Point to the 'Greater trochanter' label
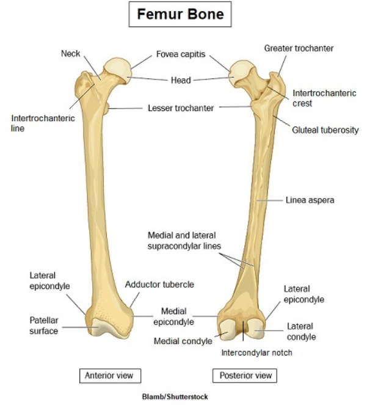pyautogui.click(x=299, y=48)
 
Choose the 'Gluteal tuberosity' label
pyautogui.click(x=325, y=130)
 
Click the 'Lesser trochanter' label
pyautogui.click(x=181, y=108)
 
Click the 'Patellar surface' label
pyautogui.click(x=44, y=326)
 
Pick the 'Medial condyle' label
pyautogui.click(x=183, y=341)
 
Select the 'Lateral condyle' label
pyautogui.click(x=301, y=332)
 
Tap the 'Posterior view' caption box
pyautogui.click(x=242, y=374)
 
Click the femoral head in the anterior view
pyautogui.click(x=117, y=70)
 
